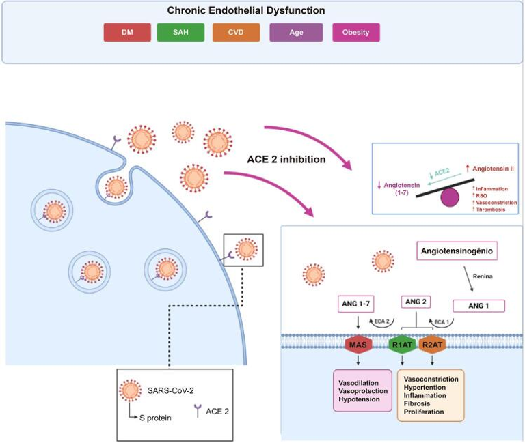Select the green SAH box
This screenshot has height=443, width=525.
coord(182,32)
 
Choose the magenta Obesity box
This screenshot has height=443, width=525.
coord(356,32)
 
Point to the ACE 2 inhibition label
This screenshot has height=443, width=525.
coord(286,160)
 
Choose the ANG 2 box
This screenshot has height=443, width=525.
coord(416,302)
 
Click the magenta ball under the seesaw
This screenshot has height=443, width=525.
coord(450,197)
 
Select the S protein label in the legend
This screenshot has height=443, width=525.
coord(154,418)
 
